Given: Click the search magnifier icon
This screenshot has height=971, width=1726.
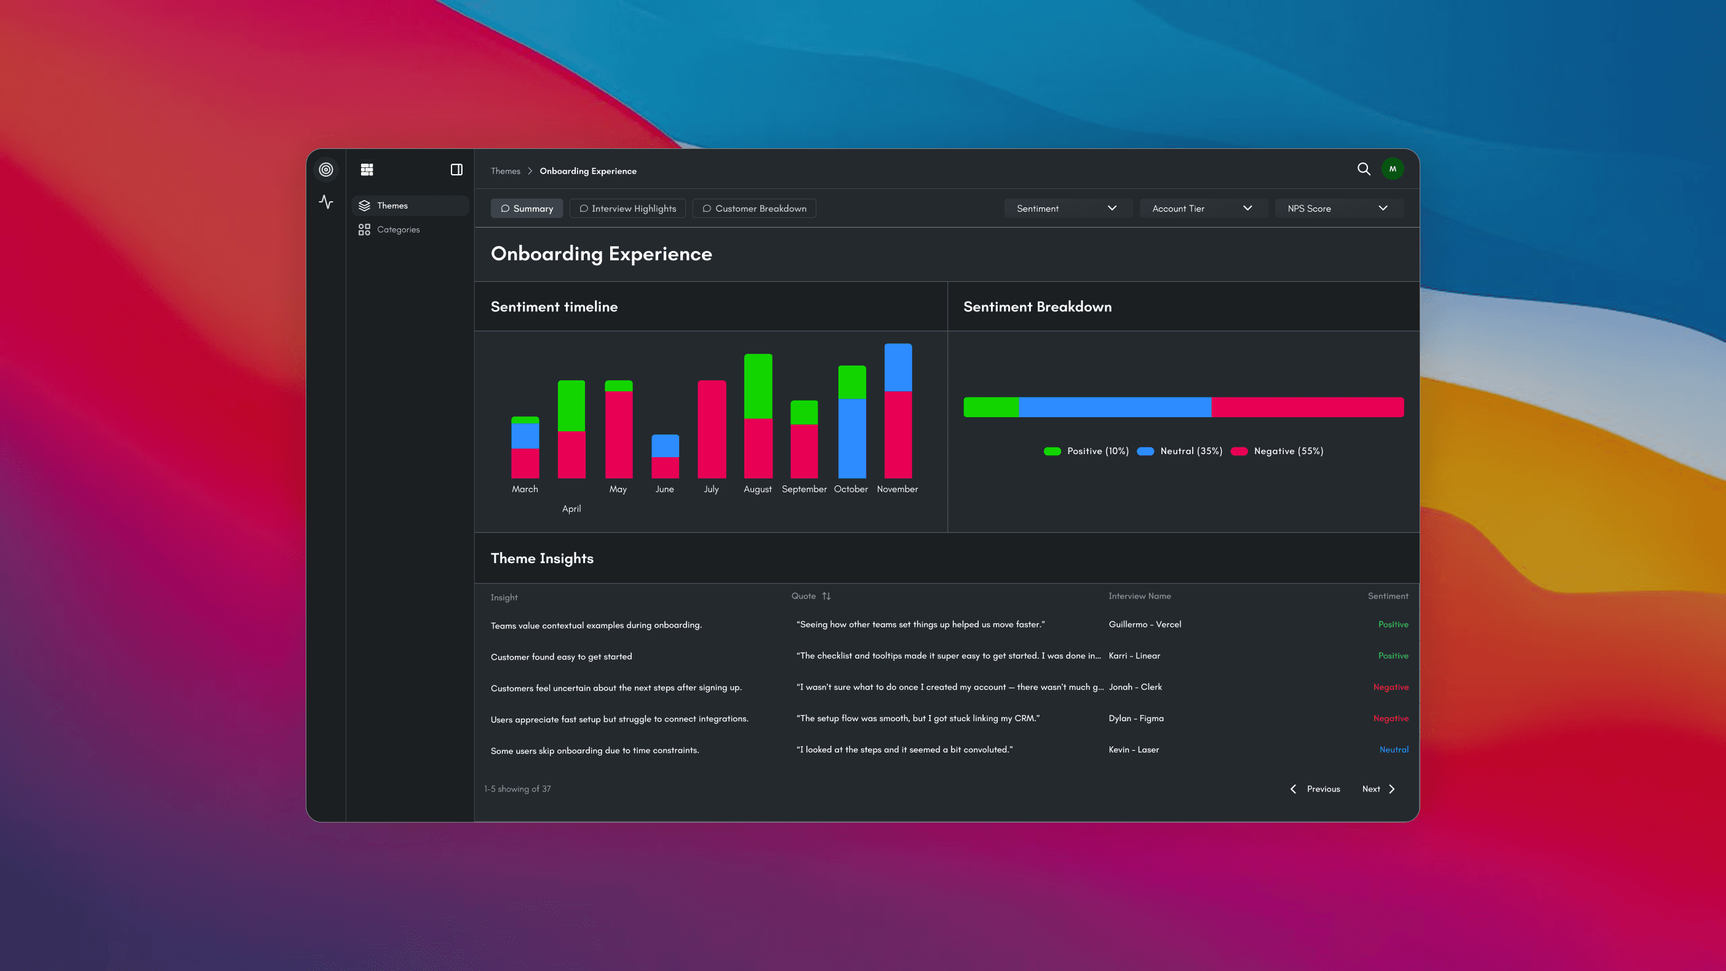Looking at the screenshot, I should (x=1364, y=169).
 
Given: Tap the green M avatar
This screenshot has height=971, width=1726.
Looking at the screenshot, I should (x=1393, y=169).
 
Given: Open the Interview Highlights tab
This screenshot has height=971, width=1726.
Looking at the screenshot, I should (x=627, y=209).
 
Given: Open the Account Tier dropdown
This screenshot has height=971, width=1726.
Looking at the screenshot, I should (x=1202, y=209).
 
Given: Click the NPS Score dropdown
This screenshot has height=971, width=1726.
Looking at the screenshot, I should (x=1337, y=209).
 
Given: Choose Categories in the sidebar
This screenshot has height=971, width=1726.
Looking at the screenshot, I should (x=398, y=229).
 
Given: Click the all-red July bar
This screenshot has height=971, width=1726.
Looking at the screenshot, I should (x=712, y=429).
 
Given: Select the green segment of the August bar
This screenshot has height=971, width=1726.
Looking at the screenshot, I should (x=758, y=386).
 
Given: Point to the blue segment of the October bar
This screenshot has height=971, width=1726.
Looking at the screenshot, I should (x=851, y=438).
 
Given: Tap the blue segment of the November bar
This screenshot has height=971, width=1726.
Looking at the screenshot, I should (x=898, y=367).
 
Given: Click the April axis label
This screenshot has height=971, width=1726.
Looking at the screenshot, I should (x=571, y=509).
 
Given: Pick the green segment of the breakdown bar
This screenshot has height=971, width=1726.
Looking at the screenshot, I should (x=991, y=407).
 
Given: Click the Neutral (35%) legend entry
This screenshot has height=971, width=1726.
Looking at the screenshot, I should (x=1191, y=451).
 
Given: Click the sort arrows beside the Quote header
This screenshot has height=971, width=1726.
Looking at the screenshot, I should (x=826, y=596).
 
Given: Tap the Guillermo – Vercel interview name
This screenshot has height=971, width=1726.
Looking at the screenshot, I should (x=1144, y=624).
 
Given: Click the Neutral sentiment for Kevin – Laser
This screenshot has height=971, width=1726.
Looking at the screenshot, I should (x=1394, y=749).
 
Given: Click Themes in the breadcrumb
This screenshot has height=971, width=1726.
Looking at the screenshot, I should (x=505, y=171).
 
